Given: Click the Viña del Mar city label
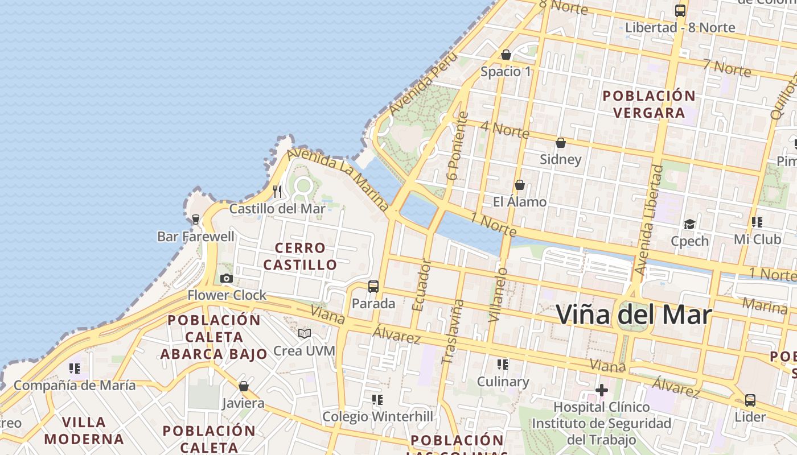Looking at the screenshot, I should (x=634, y=315).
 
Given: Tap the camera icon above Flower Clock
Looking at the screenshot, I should (x=227, y=278).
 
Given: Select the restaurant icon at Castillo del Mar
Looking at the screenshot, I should (x=277, y=191).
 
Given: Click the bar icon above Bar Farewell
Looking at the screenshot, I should (x=196, y=220).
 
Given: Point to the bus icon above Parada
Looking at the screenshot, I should (x=373, y=287).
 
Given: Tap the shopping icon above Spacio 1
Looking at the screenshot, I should (x=506, y=55).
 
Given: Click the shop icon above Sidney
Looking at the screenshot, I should (x=561, y=143).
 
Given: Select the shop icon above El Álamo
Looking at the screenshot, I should (x=519, y=185).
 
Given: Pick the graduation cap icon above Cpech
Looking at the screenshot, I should (x=689, y=224).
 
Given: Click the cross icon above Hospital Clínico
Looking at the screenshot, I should (x=602, y=390).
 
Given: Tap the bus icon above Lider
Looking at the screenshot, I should (x=750, y=400).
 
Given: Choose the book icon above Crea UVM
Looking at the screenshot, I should (x=305, y=333).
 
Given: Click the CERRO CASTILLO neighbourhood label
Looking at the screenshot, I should (x=300, y=257).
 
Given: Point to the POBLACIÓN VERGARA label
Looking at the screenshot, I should (x=649, y=104).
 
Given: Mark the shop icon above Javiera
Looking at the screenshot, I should (x=244, y=387).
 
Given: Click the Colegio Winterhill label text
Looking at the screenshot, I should (x=377, y=417).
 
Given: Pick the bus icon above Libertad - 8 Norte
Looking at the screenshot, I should (x=680, y=10).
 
